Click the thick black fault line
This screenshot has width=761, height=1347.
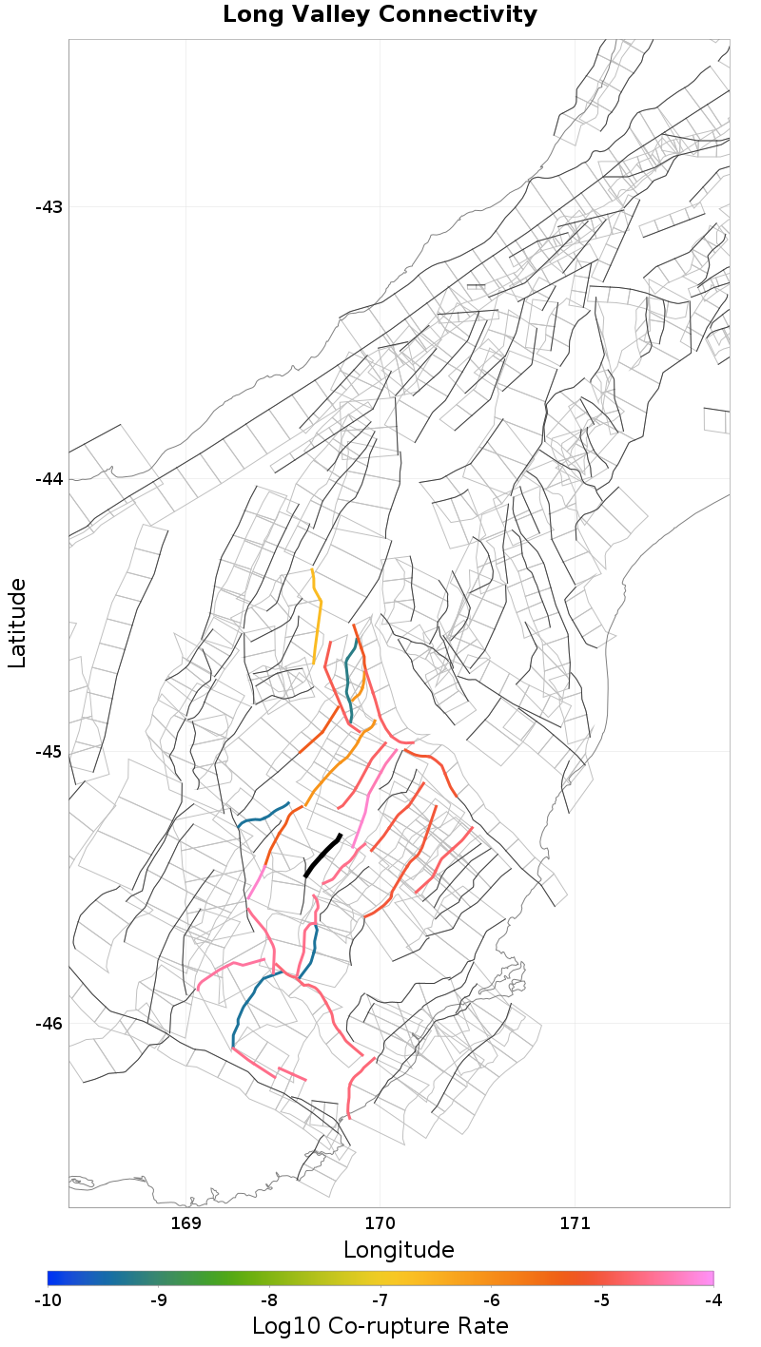322,856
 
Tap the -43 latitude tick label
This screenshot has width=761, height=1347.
49,207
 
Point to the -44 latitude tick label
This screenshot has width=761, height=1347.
49,479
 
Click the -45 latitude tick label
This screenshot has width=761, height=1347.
49,751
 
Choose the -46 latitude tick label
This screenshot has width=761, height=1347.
49,1024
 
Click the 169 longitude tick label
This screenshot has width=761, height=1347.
185,1222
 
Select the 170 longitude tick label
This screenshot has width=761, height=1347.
380,1222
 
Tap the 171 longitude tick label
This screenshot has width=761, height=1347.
576,1222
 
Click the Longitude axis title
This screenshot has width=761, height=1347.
399,1249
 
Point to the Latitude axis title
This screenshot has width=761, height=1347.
17,623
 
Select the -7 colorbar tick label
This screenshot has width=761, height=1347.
380,1299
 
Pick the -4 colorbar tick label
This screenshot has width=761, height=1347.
712,1299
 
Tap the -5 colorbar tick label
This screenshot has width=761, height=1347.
602,1299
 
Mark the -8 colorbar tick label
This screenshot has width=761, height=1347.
269,1299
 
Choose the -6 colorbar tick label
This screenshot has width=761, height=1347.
491,1299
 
